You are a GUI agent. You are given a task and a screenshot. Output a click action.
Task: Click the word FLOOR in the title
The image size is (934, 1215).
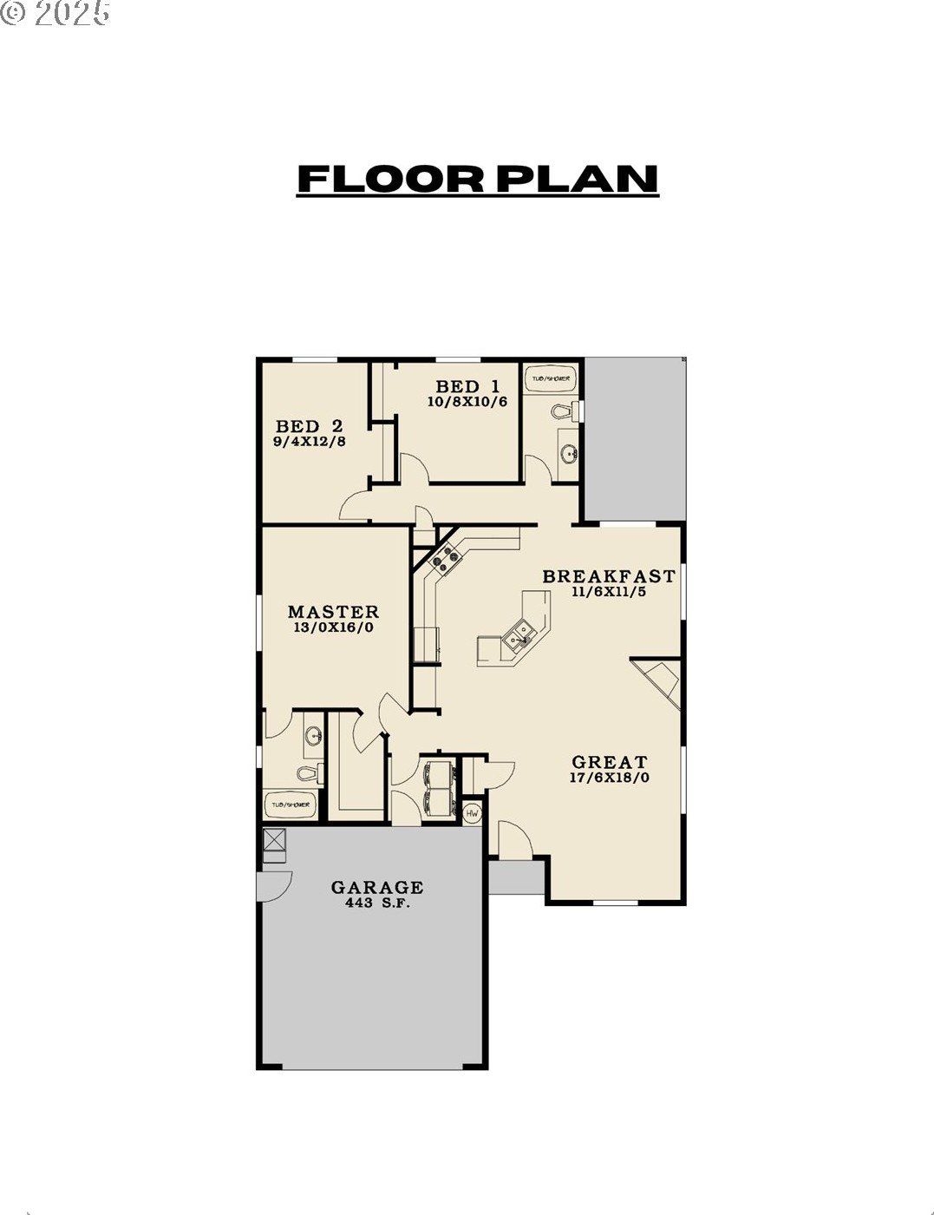point(389,179)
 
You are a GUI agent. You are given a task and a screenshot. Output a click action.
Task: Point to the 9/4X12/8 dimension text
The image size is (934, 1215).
point(309,441)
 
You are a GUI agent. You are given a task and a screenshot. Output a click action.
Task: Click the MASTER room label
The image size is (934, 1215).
point(333,612)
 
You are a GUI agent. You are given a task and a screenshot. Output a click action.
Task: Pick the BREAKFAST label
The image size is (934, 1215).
point(608,576)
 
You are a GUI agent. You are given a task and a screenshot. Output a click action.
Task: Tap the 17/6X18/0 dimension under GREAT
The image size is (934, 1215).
point(610,778)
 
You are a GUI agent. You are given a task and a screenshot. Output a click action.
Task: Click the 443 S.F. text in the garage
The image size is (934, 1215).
point(376,903)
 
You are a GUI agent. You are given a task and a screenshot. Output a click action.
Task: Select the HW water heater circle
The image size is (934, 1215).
point(473,813)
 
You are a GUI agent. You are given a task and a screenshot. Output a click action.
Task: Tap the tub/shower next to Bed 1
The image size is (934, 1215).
point(550,379)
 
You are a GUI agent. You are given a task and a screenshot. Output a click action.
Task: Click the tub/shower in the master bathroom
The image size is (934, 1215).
point(290,805)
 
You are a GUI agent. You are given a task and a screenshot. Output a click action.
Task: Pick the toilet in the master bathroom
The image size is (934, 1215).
point(307,772)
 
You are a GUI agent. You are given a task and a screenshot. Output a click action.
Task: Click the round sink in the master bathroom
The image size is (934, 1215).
point(313,738)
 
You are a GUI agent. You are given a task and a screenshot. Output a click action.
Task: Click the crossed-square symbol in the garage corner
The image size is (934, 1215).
point(274,839)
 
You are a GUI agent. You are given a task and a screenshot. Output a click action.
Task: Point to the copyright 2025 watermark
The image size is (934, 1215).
point(56,13)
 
